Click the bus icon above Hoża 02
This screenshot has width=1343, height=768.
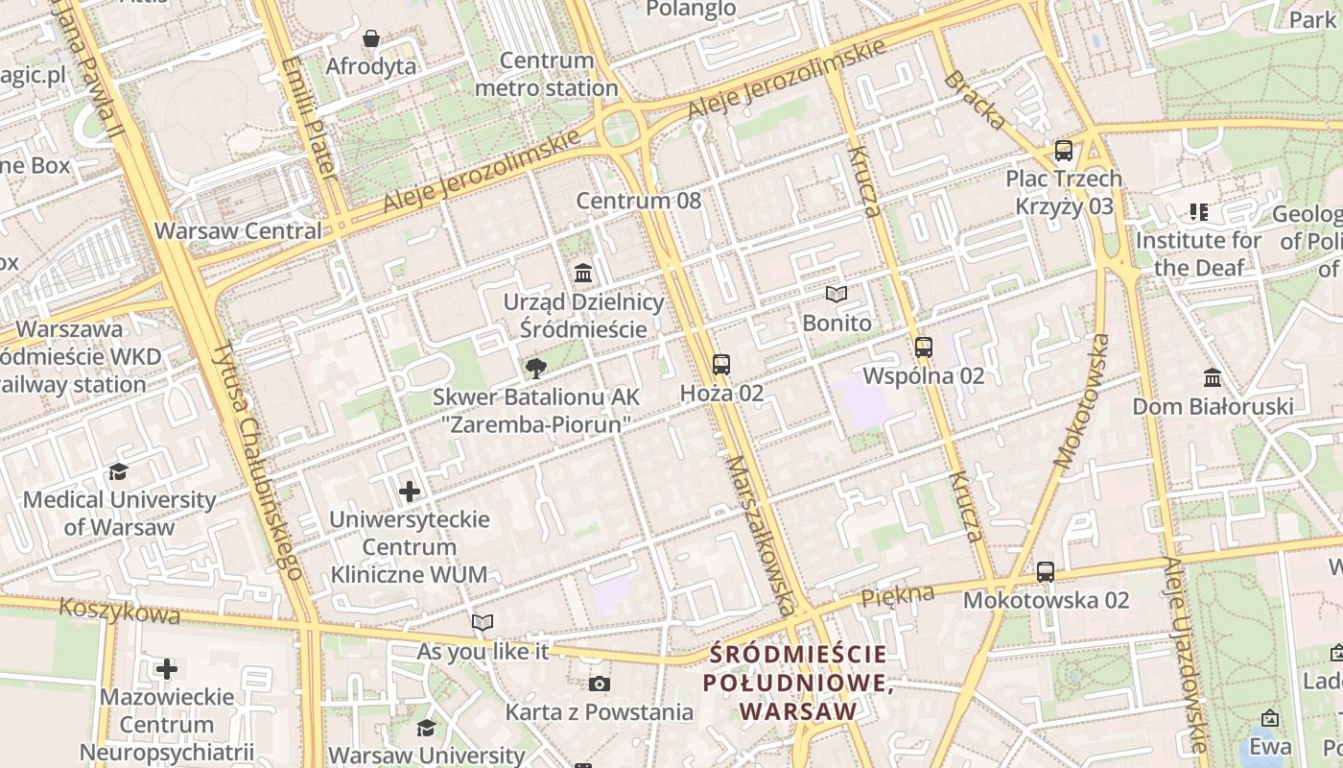point(721,365)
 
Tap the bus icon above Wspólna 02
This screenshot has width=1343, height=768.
point(924,348)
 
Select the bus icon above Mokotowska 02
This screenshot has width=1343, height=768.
point(1046,572)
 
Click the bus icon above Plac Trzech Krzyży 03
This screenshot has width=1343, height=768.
point(1063,151)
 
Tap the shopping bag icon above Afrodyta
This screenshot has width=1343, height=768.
point(371,38)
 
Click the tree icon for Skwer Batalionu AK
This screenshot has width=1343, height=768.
point(536,368)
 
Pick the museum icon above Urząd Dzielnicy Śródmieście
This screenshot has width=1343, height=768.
point(583,274)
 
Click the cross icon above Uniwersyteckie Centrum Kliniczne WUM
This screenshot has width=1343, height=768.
point(410,492)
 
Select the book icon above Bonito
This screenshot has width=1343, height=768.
point(836,294)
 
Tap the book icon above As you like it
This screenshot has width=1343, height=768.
point(483,622)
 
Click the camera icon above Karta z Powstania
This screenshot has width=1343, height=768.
point(600,684)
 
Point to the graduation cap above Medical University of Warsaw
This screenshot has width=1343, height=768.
point(119,471)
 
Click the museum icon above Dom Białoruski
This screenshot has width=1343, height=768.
point(1213,377)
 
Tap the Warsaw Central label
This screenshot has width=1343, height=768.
point(238,231)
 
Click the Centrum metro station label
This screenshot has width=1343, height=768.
point(547,75)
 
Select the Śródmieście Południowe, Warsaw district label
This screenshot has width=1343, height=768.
point(795,683)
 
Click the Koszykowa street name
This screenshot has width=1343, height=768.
point(119,611)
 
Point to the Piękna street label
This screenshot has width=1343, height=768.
point(897,595)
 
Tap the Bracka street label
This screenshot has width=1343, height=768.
point(975,99)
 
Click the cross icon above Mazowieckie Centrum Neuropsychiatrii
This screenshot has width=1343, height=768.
point(167,668)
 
